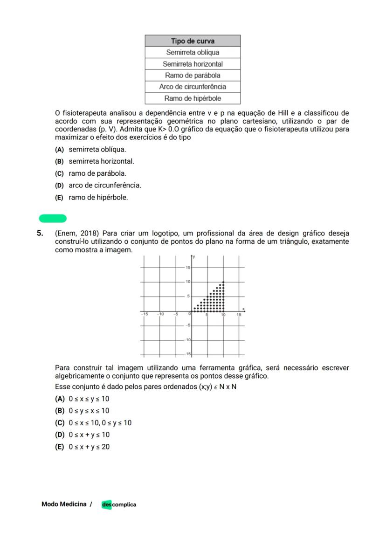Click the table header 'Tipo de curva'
pos(193,41)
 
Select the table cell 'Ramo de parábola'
pos(193,75)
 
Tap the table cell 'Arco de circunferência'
pos(193,87)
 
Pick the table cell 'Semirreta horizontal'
pos(193,64)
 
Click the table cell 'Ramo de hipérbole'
pos(193,98)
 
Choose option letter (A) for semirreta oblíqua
pos(59,150)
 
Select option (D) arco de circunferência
pos(59,186)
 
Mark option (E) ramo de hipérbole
pos(59,198)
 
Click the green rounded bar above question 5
pos(53,219)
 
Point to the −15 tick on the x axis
pos(145,314)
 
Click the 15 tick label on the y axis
pos(188,268)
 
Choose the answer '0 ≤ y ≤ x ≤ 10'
pos(89,411)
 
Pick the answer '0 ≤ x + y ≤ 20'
pos(89,447)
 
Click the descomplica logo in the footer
pos(119,504)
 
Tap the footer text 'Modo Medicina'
pos(64,504)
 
